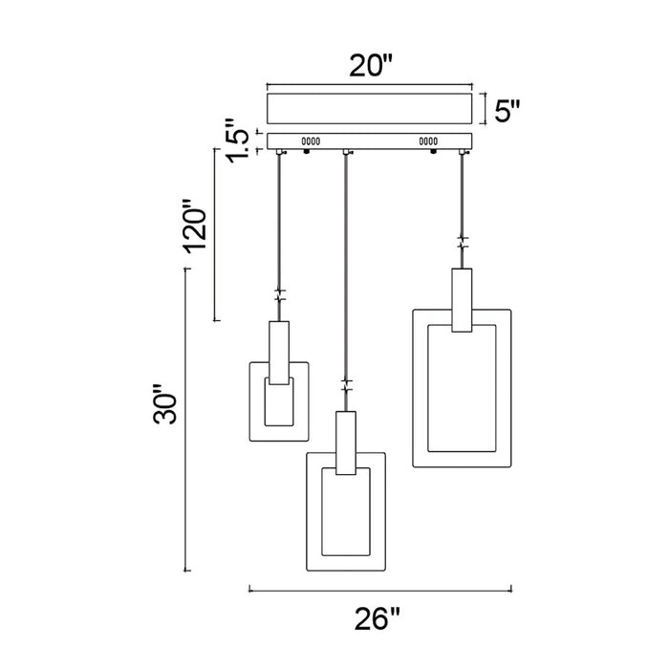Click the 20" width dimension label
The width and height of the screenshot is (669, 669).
(x=370, y=66)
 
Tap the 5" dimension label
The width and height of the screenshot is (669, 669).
(x=507, y=111)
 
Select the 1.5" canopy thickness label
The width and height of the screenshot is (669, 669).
(x=237, y=141)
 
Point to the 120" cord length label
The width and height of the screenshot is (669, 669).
(x=195, y=227)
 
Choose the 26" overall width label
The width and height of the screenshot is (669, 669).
(x=377, y=619)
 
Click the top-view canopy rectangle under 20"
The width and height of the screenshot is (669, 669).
(x=370, y=109)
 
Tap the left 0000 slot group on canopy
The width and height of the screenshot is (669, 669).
(x=311, y=141)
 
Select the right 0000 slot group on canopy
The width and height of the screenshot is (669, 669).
(x=428, y=141)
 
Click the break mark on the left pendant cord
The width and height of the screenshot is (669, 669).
(x=279, y=295)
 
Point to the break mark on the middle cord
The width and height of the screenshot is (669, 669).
(x=346, y=385)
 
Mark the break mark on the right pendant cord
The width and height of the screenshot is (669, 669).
(x=462, y=243)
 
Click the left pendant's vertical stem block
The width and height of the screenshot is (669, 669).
(x=279, y=353)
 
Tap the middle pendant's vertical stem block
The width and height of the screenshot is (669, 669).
(x=346, y=442)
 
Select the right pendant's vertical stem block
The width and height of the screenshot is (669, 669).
(x=462, y=300)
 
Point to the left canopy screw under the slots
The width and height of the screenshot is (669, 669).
(x=306, y=151)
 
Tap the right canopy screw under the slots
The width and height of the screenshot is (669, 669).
(x=434, y=151)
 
